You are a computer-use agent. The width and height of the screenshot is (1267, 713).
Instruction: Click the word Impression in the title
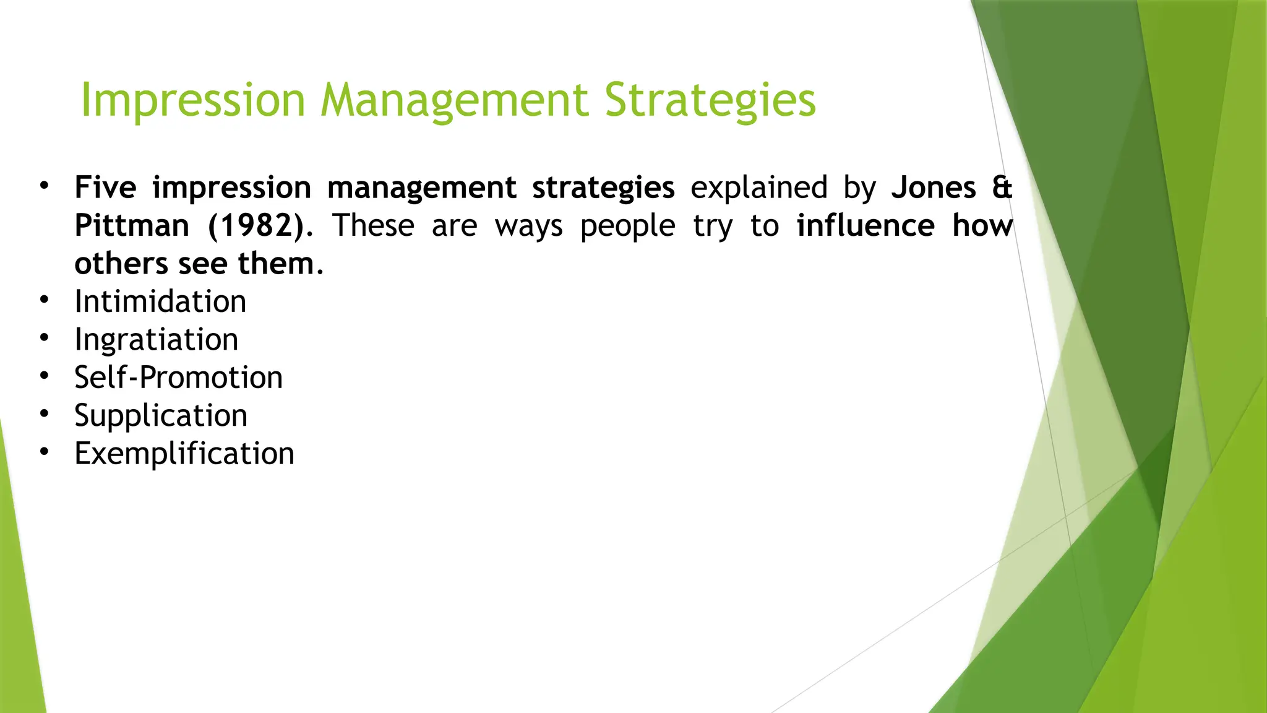193,100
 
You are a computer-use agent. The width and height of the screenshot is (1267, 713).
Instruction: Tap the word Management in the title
454,100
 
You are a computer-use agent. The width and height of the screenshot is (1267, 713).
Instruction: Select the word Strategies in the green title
710,100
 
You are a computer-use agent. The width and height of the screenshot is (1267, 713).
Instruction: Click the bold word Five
105,188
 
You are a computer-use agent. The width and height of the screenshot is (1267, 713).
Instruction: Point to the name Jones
933,188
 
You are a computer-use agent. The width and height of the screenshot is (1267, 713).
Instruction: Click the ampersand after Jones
1002,188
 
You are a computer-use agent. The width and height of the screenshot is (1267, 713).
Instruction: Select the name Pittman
132,226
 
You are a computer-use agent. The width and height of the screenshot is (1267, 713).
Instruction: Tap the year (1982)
256,226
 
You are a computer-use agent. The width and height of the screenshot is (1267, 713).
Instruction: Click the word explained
758,188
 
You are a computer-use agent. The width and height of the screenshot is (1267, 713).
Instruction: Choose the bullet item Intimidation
160,302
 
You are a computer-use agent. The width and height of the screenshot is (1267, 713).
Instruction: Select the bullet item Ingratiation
156,340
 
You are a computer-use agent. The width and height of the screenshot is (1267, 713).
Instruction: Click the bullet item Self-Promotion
178,378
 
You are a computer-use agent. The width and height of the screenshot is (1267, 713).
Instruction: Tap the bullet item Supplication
161,416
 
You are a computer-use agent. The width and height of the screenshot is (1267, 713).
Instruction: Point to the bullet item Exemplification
184,454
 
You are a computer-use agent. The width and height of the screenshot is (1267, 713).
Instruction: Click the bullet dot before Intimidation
44,300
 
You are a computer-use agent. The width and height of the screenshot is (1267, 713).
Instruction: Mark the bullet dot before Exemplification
44,452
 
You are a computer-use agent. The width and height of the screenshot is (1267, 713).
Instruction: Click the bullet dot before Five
44,186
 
